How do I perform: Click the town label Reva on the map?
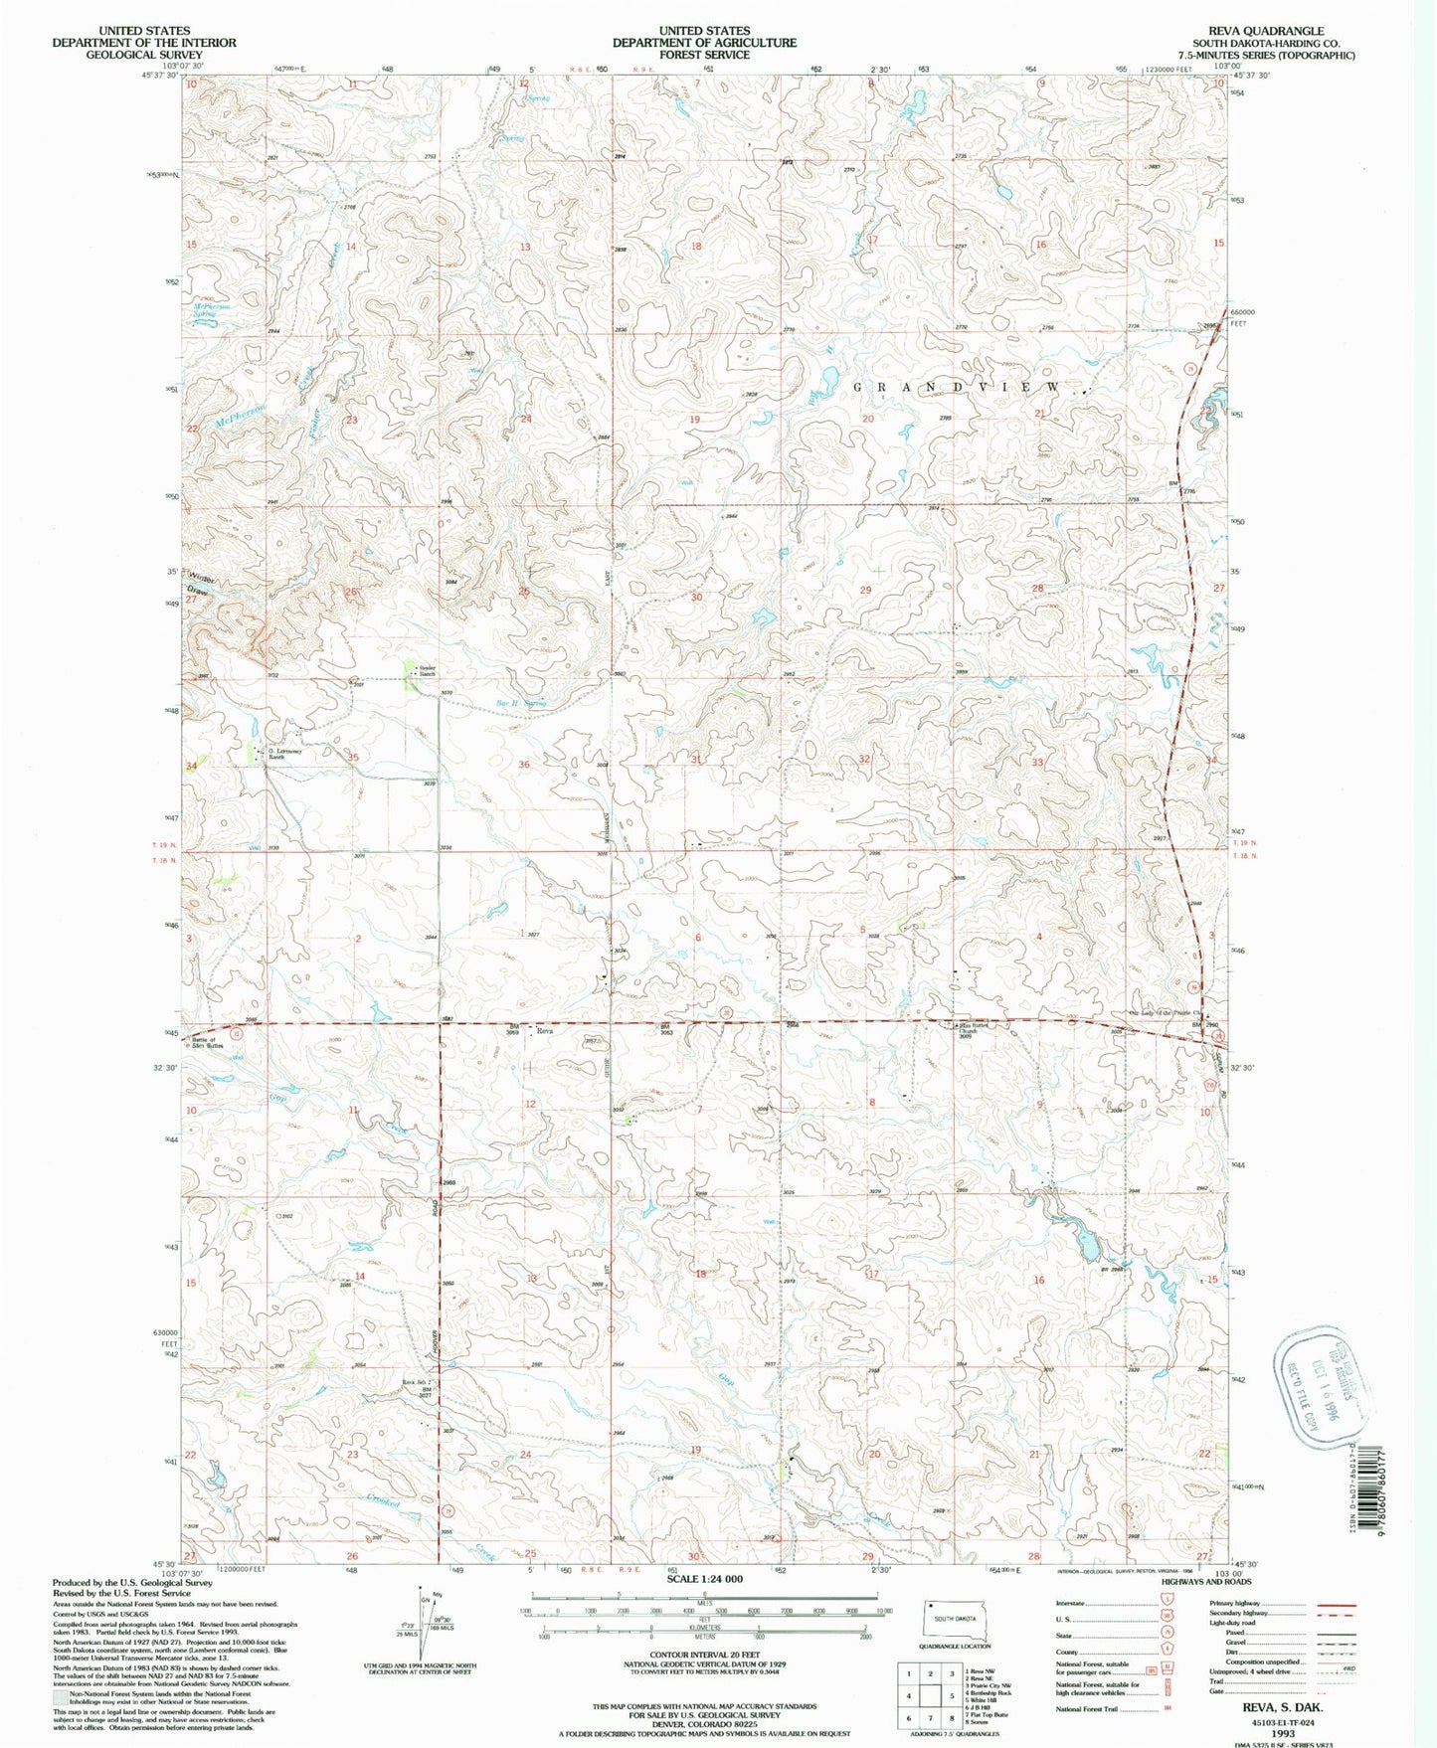[x=544, y=1031]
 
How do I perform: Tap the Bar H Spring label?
[x=522, y=703]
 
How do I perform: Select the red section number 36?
[x=524, y=764]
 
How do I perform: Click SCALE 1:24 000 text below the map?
[x=704, y=1580]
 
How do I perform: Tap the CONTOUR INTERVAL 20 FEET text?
[x=704, y=1656]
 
